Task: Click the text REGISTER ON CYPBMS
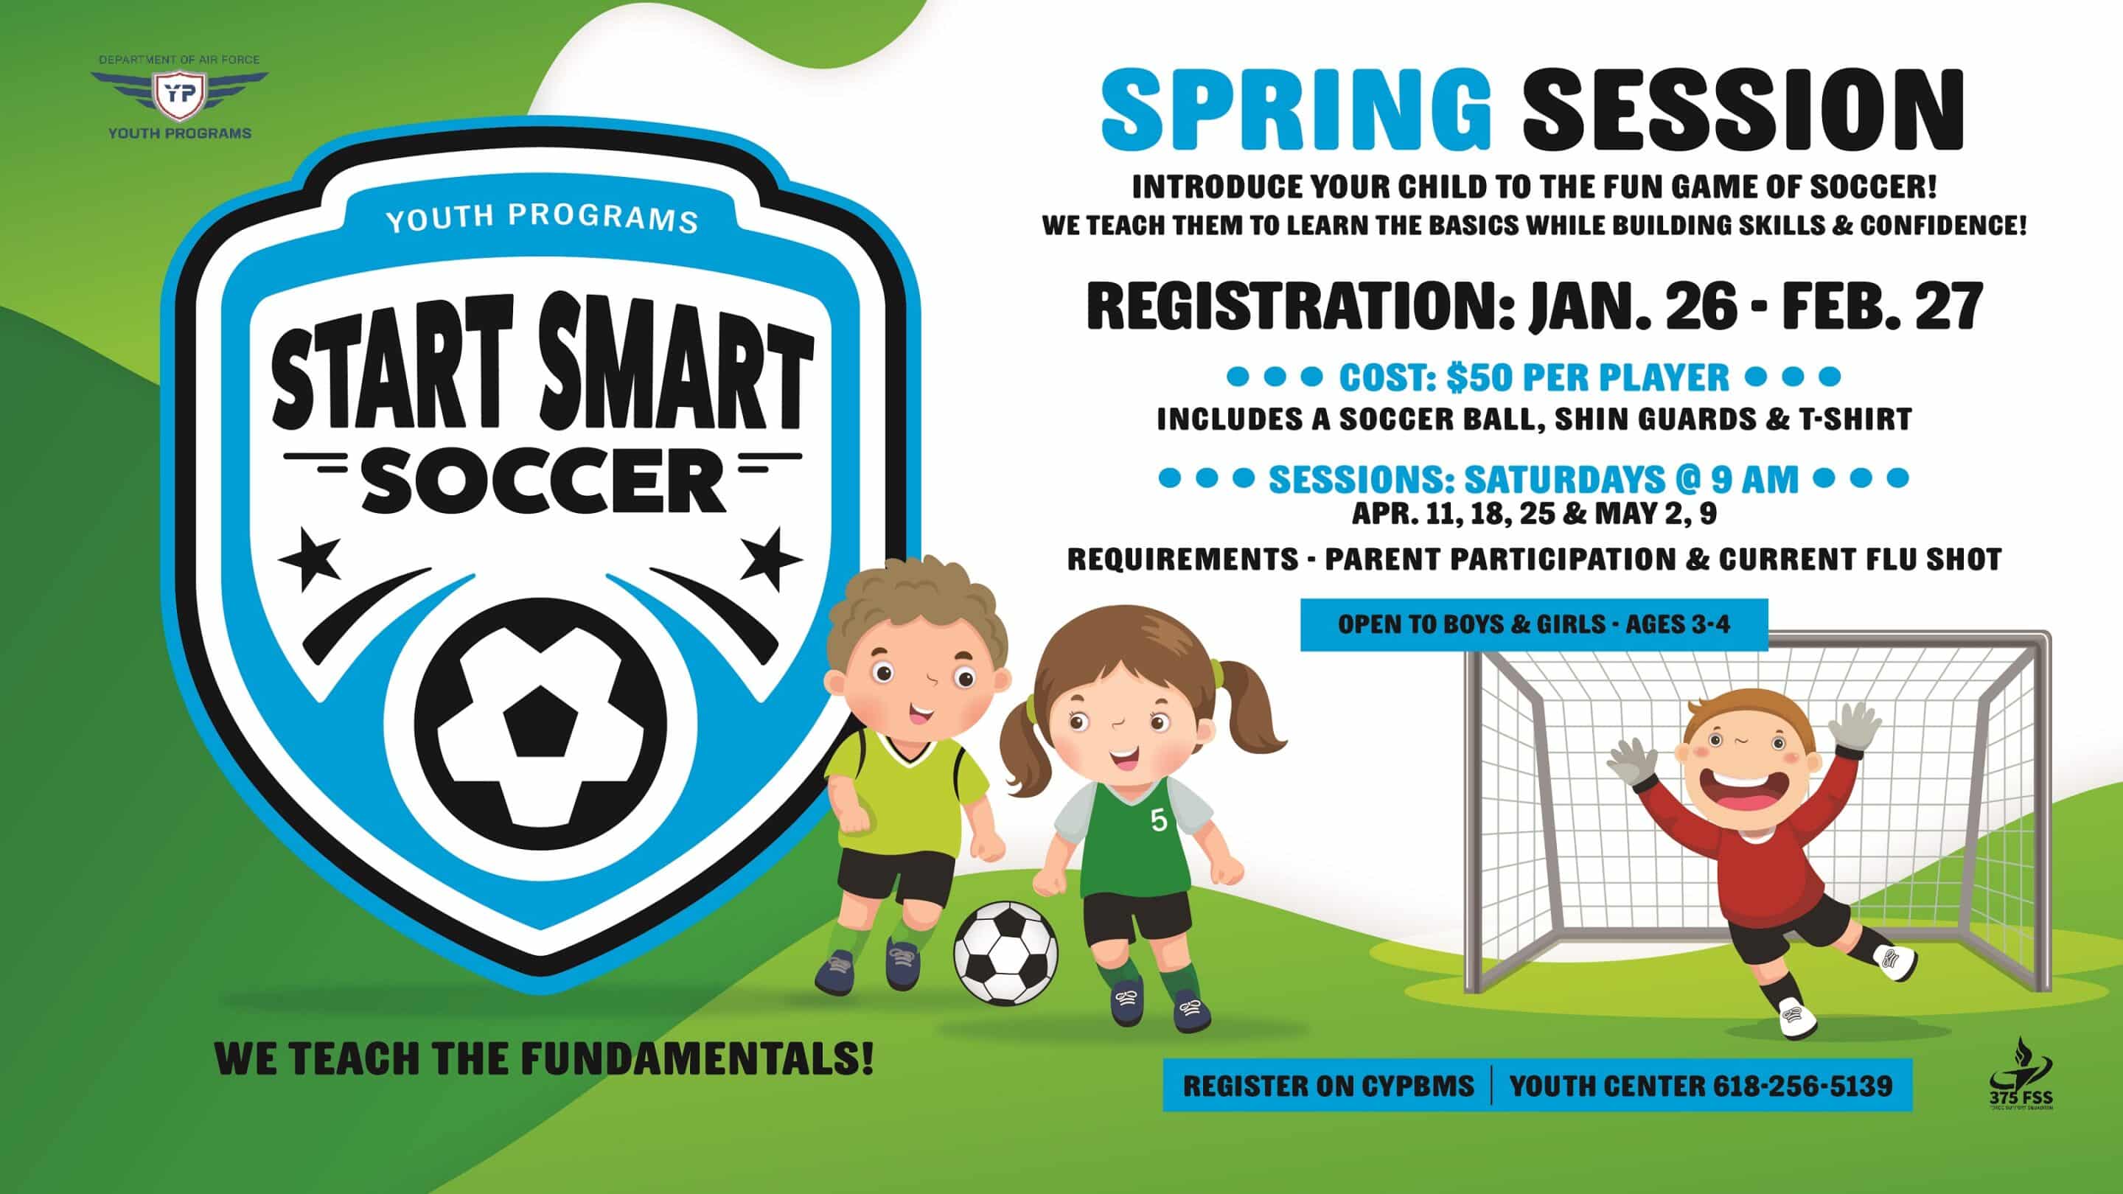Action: coord(1328,1086)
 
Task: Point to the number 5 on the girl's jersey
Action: coord(1159,821)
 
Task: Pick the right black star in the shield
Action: coord(770,558)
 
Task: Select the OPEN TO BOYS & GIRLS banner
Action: coord(1534,624)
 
